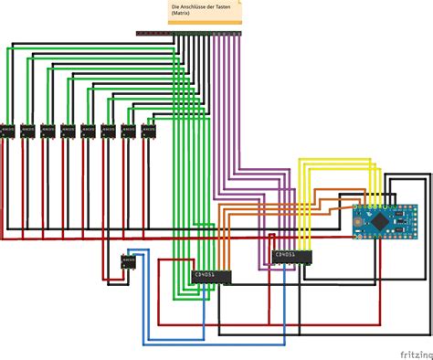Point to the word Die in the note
(x=174, y=7)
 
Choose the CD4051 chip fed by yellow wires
(x=291, y=256)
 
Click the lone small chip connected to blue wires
(x=127, y=263)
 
